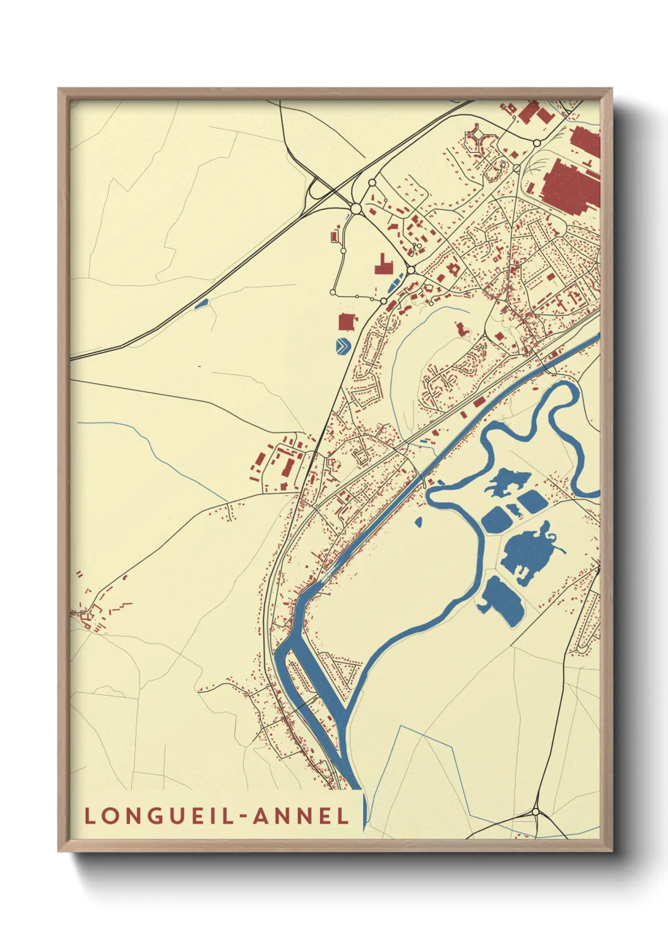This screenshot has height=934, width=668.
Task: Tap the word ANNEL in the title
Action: click(301, 815)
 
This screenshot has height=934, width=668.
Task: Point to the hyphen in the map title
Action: click(243, 817)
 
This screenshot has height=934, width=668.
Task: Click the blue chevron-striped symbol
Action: click(342, 346)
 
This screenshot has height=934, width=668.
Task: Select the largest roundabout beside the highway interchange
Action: click(355, 208)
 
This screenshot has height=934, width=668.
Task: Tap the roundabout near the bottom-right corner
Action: click(535, 812)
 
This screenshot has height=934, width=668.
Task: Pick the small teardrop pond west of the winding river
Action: click(418, 521)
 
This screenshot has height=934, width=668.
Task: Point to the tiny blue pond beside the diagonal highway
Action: click(201, 304)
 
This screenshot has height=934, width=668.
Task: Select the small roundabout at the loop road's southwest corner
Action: click(333, 292)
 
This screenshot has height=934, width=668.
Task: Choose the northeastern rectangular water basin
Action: click(532, 502)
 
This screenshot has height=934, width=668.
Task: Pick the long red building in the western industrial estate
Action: click(287, 469)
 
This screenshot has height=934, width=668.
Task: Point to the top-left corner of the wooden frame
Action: click(59, 90)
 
